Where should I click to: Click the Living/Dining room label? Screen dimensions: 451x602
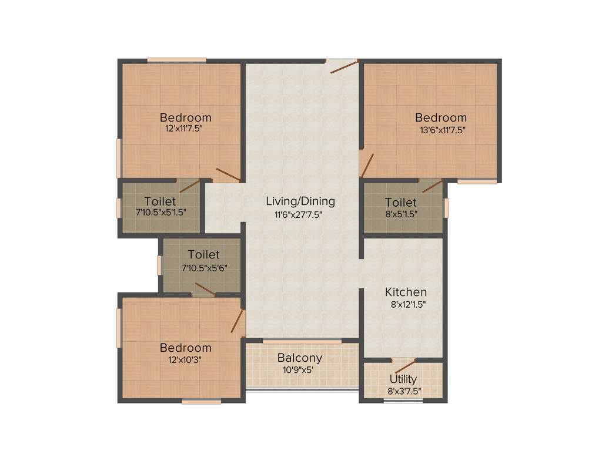coord(300,201)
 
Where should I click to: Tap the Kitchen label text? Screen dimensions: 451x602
coord(406,292)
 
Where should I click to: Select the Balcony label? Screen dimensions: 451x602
coord(300,358)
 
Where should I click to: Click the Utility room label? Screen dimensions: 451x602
coord(403,379)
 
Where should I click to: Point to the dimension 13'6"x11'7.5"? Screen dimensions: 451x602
coord(441,130)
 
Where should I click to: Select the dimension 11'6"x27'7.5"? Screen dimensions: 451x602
coord(300,214)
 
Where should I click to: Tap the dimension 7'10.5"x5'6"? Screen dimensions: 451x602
coord(203,267)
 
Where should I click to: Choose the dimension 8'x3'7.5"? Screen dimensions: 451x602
coord(403,391)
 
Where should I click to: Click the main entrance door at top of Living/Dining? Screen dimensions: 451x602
coord(343,66)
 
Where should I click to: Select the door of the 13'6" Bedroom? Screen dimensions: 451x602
coord(367,165)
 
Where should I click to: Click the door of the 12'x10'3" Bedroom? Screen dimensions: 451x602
coord(238,321)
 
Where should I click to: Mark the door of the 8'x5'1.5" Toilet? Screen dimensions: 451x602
coord(432,186)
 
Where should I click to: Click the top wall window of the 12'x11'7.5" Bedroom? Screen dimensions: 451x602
coord(176,60)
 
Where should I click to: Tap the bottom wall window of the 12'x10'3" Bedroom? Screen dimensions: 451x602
coord(201,402)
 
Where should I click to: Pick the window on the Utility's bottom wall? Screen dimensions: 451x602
coord(399,402)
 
